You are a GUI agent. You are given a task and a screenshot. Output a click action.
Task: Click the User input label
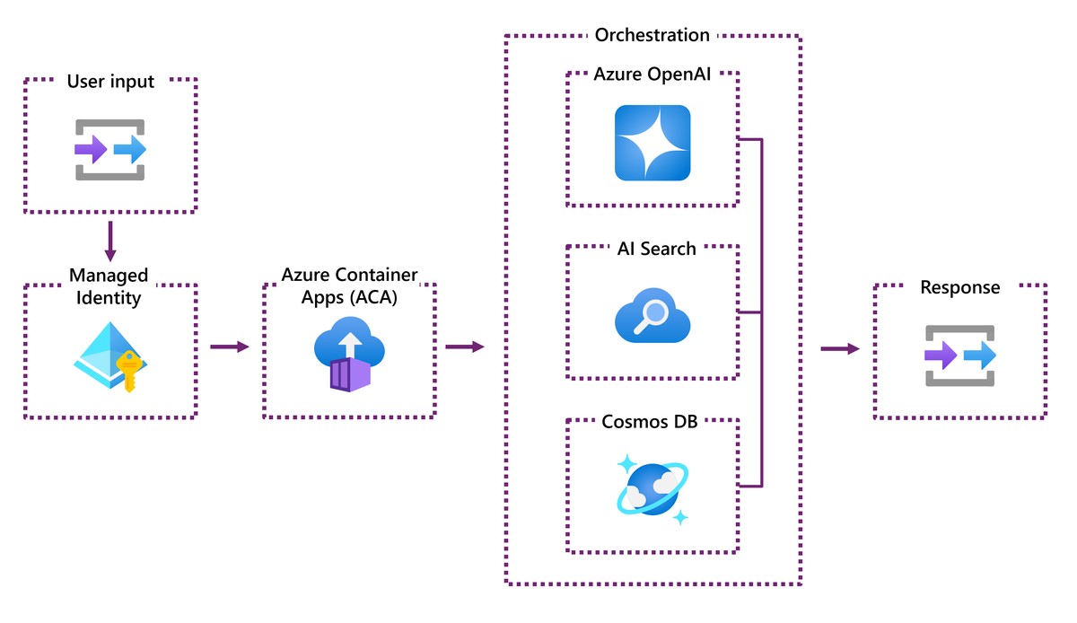110,82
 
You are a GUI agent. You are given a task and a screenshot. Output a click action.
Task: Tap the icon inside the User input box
110,149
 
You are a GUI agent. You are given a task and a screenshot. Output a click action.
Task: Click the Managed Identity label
109,285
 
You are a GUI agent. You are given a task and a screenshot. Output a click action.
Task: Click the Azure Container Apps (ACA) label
349,285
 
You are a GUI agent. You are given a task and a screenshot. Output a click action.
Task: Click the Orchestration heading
652,35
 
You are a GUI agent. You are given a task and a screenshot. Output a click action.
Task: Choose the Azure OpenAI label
653,74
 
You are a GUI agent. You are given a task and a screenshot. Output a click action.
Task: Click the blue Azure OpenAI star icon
652,143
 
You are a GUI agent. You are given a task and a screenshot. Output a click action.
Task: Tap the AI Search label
656,249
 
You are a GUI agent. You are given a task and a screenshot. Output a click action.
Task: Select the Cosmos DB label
652,422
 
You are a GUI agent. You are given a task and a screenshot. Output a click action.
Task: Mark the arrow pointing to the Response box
839,348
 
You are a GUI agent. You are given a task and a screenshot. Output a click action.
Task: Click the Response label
959,288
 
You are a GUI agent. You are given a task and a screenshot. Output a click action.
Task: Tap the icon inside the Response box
960,355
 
